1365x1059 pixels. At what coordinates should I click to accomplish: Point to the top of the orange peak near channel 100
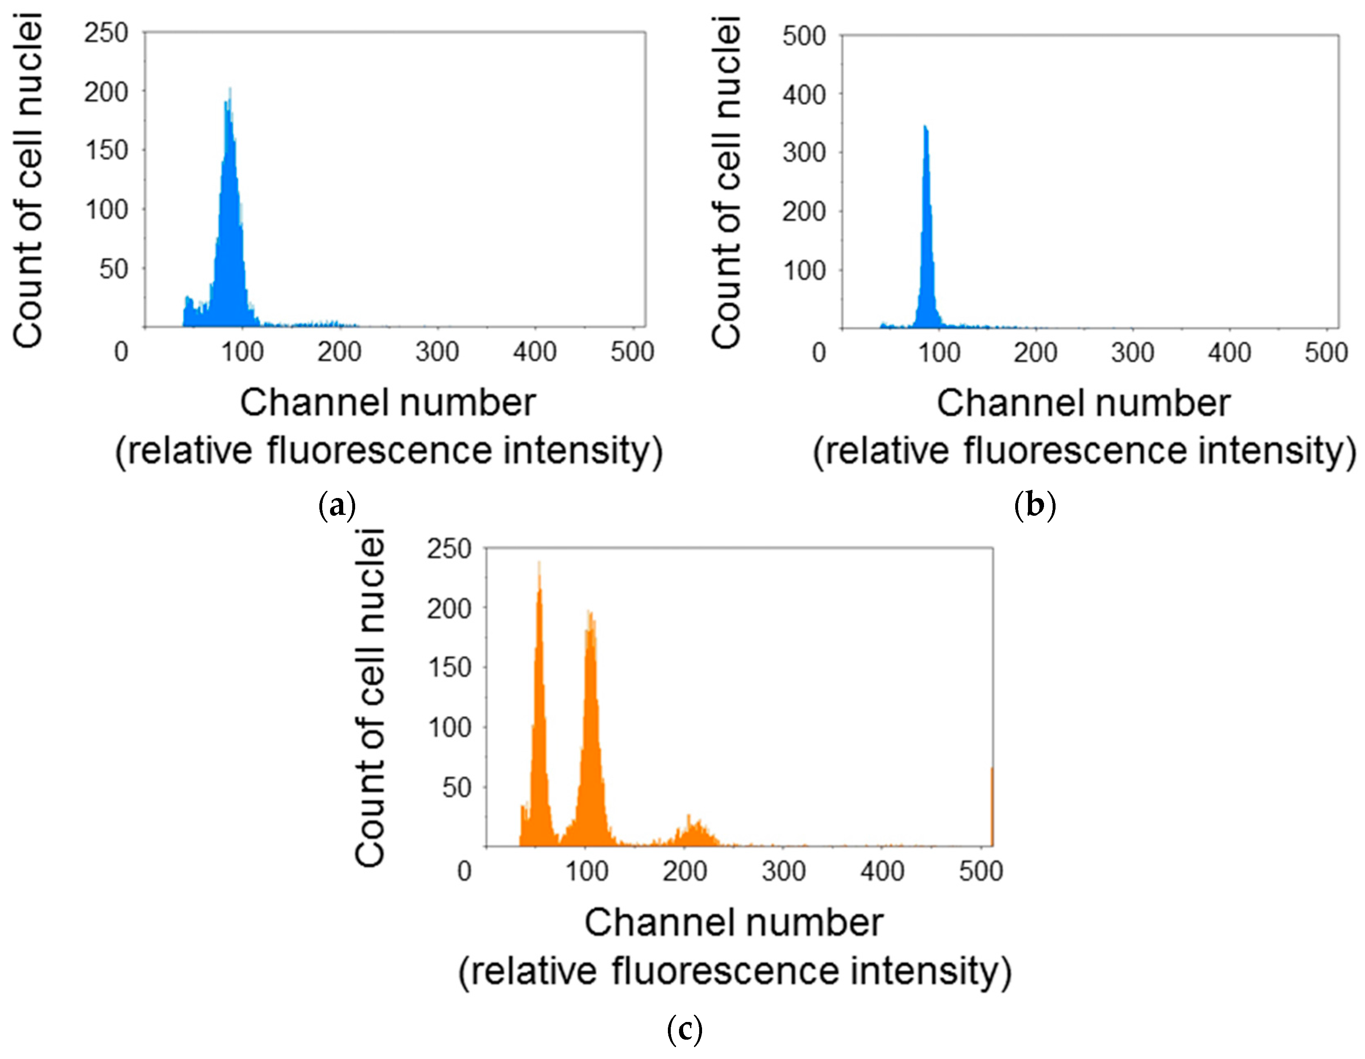click(589, 612)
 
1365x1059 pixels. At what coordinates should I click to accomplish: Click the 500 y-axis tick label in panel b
click(804, 36)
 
